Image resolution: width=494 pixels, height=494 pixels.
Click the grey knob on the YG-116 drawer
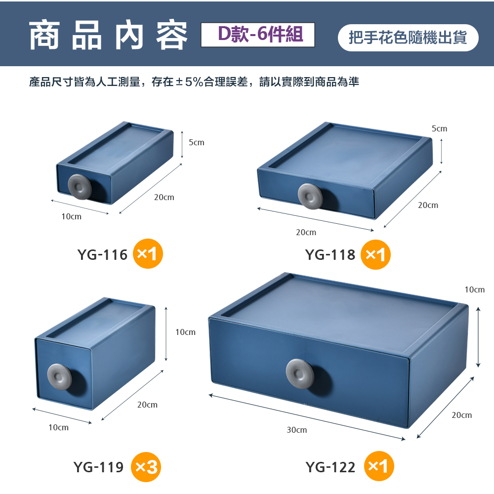(x=80, y=187)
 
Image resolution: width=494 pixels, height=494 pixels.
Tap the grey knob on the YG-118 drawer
(x=310, y=196)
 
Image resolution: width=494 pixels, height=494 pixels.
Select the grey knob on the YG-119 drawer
(x=59, y=377)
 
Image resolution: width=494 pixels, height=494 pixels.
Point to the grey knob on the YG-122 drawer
(x=300, y=373)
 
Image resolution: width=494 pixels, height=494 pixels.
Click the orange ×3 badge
(x=146, y=467)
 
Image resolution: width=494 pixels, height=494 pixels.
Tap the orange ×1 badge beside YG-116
(x=148, y=253)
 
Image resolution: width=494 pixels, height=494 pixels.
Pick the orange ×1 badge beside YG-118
(x=375, y=254)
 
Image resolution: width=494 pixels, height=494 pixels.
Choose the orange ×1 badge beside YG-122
(x=379, y=466)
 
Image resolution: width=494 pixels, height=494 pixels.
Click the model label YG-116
(x=102, y=254)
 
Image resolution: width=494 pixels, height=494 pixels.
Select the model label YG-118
(x=330, y=254)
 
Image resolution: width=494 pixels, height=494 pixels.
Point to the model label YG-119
(x=98, y=467)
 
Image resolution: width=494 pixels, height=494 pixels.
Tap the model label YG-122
(x=330, y=467)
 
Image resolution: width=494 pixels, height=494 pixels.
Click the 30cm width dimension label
(x=296, y=430)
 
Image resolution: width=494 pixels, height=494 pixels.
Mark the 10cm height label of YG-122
(x=474, y=289)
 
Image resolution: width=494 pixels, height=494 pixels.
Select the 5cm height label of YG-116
(x=196, y=142)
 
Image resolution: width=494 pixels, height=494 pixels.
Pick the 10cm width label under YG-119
(x=58, y=427)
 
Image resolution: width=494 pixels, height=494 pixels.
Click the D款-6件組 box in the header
(x=258, y=35)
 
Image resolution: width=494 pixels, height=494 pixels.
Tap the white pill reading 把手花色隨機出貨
(x=408, y=38)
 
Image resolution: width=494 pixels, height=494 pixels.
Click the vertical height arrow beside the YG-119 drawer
(x=166, y=333)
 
